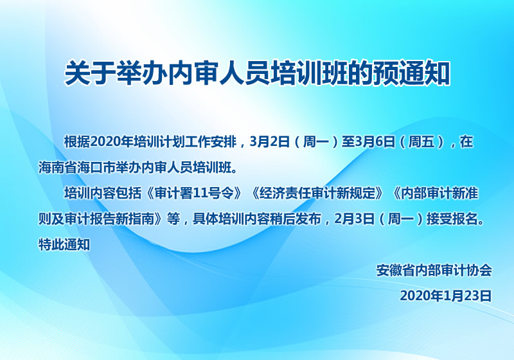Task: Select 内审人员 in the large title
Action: (x=218, y=73)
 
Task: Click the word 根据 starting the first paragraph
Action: (x=77, y=142)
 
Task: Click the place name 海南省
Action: (x=58, y=168)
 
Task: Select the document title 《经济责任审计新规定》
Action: (x=317, y=193)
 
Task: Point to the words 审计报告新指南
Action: (x=109, y=219)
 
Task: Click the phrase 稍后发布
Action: (x=296, y=219)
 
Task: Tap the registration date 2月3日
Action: (x=355, y=219)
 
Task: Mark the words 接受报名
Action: (x=452, y=219)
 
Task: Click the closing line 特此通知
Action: (x=64, y=244)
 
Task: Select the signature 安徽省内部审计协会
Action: (x=434, y=271)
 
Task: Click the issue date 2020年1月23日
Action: (x=446, y=296)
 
